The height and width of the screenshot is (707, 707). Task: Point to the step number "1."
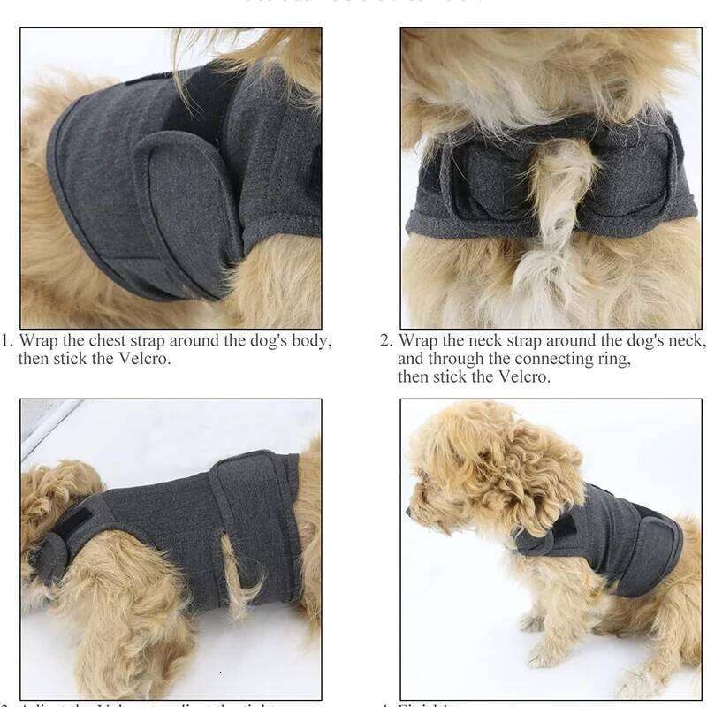(8, 341)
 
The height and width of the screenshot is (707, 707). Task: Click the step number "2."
(386, 341)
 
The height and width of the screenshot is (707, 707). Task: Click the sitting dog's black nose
(409, 512)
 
